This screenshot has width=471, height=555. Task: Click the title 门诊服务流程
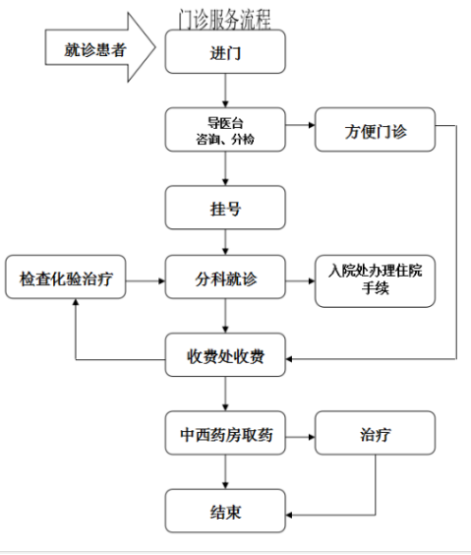pos(225,19)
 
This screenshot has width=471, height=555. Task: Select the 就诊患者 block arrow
pos(100,47)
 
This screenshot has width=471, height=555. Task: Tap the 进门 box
pos(225,52)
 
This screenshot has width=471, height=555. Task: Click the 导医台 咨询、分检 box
pos(225,130)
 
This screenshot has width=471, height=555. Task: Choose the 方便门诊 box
pos(376,130)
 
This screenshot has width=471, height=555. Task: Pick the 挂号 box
pos(225,208)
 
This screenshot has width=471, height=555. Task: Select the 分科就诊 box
pos(225,277)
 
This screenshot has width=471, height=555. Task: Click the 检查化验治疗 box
pos(66,277)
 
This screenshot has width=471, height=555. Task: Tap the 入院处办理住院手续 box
pos(376,281)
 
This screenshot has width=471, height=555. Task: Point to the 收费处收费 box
pos(225,354)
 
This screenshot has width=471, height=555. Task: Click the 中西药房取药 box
pos(225,433)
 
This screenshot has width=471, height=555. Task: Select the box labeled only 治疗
pos(376,433)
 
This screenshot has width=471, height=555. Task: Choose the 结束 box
pos(225,511)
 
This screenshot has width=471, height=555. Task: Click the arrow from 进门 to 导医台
pos(225,91)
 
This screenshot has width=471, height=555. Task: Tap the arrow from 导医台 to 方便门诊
pos(300,125)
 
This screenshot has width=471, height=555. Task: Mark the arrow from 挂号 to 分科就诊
pos(225,242)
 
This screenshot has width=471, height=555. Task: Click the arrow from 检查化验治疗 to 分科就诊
pos(146,281)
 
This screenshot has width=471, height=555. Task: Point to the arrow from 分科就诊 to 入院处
pos(300,281)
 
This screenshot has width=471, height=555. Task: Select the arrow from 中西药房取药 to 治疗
pos(300,437)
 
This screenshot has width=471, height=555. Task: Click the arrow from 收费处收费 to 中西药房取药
pos(225,394)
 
